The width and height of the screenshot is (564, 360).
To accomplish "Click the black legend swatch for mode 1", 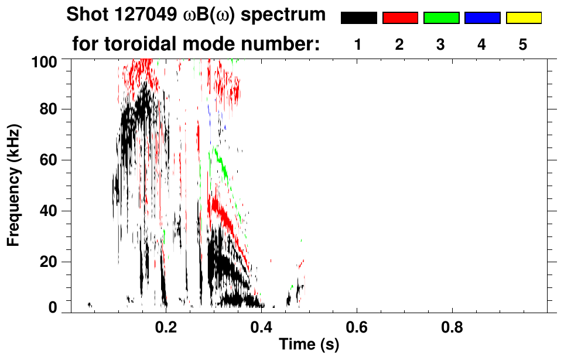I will (x=358, y=18).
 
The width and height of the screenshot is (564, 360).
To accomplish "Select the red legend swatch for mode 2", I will (x=400, y=18).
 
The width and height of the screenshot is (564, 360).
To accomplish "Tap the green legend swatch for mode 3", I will (x=441, y=18).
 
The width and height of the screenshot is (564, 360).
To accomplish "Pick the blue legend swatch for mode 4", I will (x=482, y=18).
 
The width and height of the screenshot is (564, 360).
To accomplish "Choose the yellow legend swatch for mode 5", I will (x=524, y=18).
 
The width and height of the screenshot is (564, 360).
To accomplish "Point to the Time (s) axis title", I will (x=309, y=345).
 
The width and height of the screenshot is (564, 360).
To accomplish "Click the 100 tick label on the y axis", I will (x=43, y=60).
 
